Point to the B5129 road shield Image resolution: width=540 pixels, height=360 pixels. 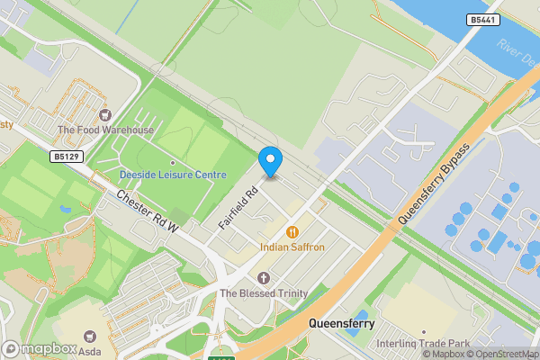67,157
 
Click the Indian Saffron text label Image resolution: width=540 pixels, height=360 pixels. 292,247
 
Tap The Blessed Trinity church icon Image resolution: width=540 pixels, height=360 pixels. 264,278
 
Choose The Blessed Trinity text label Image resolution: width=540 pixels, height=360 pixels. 264,293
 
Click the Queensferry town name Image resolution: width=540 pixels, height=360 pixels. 341,322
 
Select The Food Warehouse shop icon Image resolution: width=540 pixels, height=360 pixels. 105,114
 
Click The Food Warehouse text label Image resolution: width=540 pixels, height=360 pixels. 105,130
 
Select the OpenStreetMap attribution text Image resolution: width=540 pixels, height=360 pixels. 500,354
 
